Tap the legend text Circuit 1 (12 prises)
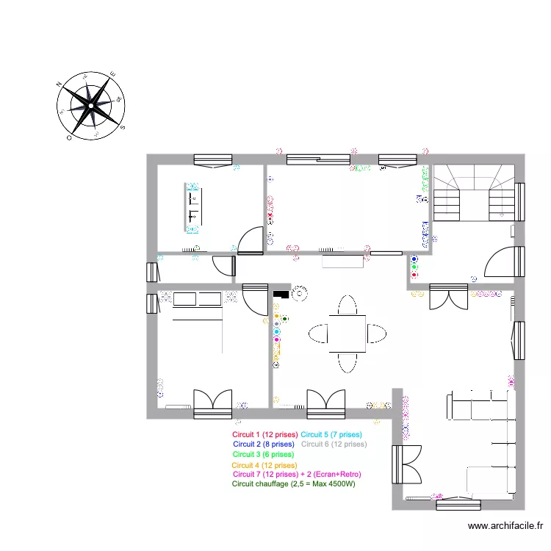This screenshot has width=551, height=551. click(264, 435)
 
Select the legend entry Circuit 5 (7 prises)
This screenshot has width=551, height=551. click(331, 435)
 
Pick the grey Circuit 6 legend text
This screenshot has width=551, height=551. click(334, 444)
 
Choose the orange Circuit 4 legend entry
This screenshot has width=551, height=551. click(264, 465)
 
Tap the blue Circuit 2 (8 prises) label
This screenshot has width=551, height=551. click(263, 444)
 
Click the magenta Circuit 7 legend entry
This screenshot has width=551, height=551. click(296, 475)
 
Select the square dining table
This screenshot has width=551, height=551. click(347, 333)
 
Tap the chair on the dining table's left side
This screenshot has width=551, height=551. click(318, 333)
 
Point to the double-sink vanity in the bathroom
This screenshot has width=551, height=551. click(194, 206)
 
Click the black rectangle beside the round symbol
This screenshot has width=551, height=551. click(280, 294)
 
